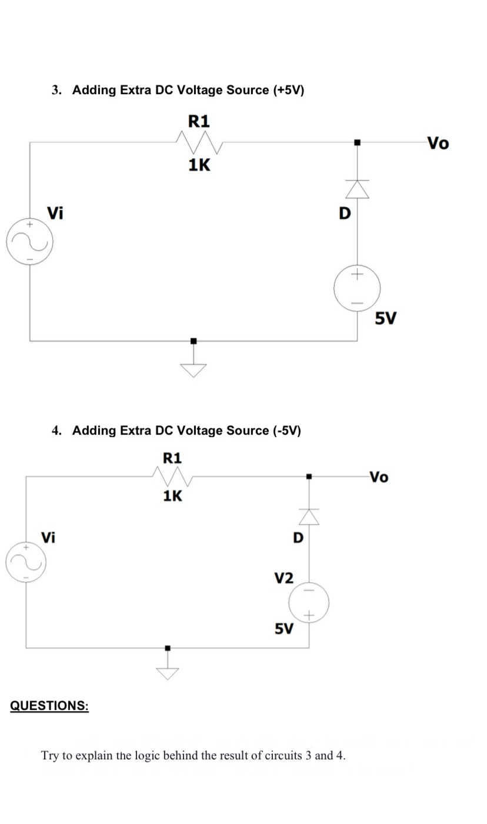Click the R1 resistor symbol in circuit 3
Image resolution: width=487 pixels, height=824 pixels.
pos(198,141)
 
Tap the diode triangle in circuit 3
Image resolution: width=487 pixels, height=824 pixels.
pos(357,189)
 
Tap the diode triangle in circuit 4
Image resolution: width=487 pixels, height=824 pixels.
pos(309,516)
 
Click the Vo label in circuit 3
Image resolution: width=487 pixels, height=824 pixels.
pos(438,143)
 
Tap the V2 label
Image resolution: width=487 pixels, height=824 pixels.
pos(284,578)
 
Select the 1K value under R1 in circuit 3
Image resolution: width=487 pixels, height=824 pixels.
pos(199,165)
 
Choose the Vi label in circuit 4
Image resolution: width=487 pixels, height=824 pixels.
pos(48,536)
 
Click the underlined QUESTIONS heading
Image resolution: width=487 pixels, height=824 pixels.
pos(49,705)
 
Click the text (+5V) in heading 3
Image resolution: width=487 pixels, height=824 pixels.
pos(288,90)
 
